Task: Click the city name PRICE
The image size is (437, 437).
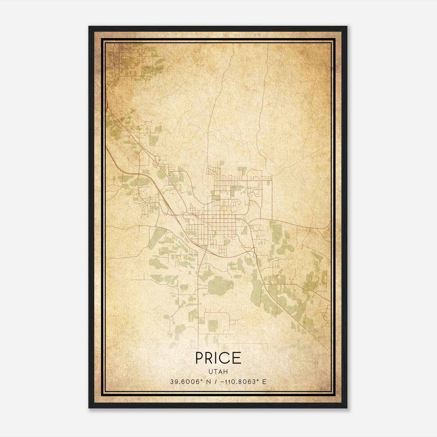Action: click(x=218, y=358)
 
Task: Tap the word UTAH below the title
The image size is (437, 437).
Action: click(x=218, y=371)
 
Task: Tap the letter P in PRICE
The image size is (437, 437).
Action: click(x=200, y=358)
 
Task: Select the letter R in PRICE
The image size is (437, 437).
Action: click(x=209, y=358)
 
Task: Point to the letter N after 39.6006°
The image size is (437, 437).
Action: click(x=209, y=382)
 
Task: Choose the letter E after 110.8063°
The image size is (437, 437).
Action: click(x=264, y=382)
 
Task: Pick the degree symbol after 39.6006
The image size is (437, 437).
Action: click(x=202, y=380)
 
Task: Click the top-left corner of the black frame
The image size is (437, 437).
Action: click(x=89, y=26)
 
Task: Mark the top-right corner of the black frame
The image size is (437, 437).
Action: click(x=347, y=26)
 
